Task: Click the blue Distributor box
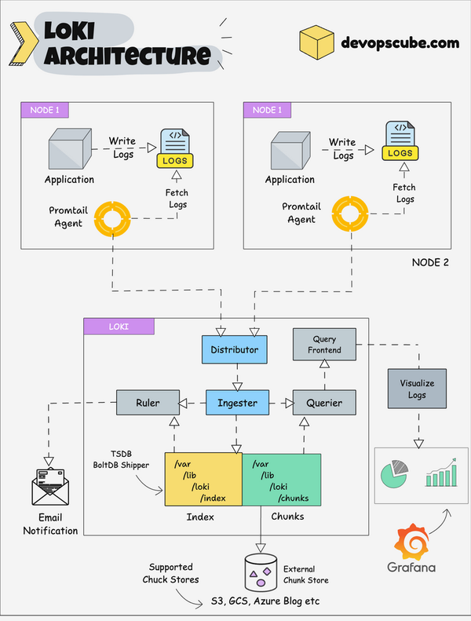(x=235, y=349)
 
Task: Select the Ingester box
(x=237, y=403)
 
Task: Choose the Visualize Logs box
(x=415, y=389)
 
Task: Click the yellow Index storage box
(x=203, y=479)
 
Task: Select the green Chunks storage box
(x=281, y=479)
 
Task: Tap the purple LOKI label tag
(x=119, y=326)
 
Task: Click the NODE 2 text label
(x=430, y=261)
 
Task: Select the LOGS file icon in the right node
(x=400, y=141)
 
